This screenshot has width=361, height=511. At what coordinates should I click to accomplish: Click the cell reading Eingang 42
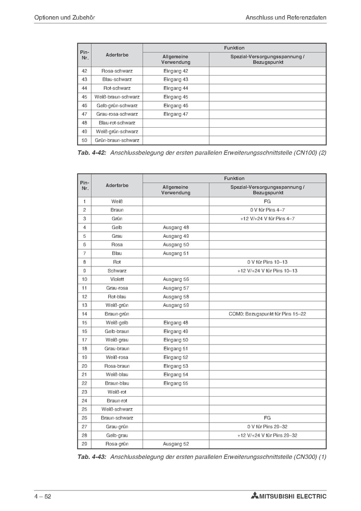coord(175,71)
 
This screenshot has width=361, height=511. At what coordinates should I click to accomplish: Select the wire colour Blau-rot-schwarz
coord(117,123)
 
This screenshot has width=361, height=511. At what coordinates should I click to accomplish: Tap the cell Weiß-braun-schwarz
coord(117,97)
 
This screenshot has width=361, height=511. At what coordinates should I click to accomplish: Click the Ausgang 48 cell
coord(175,228)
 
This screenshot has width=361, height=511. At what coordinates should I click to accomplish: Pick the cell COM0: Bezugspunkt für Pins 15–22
coord(267,314)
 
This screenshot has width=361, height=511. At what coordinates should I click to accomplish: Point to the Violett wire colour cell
coord(117,279)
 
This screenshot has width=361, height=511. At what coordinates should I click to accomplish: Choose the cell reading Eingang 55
coord(175,383)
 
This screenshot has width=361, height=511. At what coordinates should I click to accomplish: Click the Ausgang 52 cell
coord(175,444)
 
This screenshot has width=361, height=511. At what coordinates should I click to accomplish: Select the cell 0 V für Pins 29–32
coord(267,426)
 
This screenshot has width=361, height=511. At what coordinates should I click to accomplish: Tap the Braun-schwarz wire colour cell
coord(117,418)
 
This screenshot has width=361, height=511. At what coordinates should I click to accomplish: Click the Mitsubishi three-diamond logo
coord(255,496)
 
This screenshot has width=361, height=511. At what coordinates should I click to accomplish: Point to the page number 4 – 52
coord(43,496)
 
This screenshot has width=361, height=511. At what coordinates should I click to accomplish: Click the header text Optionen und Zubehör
coord(64,18)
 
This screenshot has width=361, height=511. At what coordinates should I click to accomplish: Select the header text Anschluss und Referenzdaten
coord(286,18)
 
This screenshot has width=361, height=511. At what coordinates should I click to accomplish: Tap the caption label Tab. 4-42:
coord(92,152)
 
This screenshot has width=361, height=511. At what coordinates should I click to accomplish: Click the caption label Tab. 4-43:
coord(92,456)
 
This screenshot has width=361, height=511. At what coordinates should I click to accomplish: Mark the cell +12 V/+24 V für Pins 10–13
coord(267,271)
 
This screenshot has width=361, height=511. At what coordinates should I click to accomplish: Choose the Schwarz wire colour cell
coord(117,271)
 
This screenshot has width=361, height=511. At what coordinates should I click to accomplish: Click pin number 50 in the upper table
coord(84,140)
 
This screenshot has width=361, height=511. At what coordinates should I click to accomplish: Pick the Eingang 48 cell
coord(175,323)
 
